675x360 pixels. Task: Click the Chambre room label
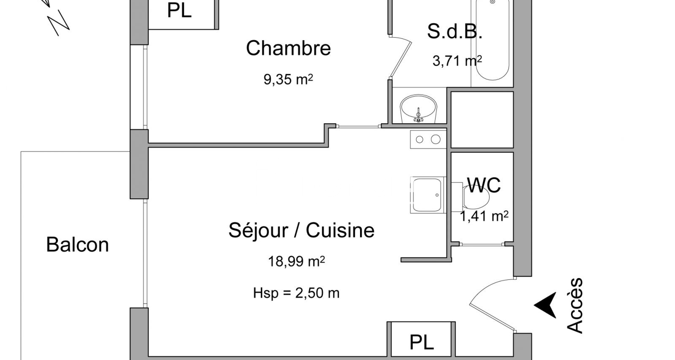(288, 48)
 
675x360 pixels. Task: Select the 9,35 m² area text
(288, 79)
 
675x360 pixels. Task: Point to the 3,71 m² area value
(457, 61)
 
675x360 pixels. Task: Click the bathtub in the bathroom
(492, 40)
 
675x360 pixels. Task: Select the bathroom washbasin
(418, 108)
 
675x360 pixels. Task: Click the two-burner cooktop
(428, 139)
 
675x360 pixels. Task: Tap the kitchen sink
(427, 195)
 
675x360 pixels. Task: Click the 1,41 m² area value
(484, 216)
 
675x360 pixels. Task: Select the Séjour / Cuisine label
(301, 231)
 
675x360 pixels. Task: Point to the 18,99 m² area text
(296, 261)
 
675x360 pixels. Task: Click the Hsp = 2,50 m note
(296, 293)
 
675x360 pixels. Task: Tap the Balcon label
(77, 245)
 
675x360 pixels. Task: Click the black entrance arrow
(546, 305)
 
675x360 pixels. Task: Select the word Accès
(575, 305)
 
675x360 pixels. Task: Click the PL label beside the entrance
(422, 342)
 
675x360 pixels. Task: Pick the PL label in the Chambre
(179, 11)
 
